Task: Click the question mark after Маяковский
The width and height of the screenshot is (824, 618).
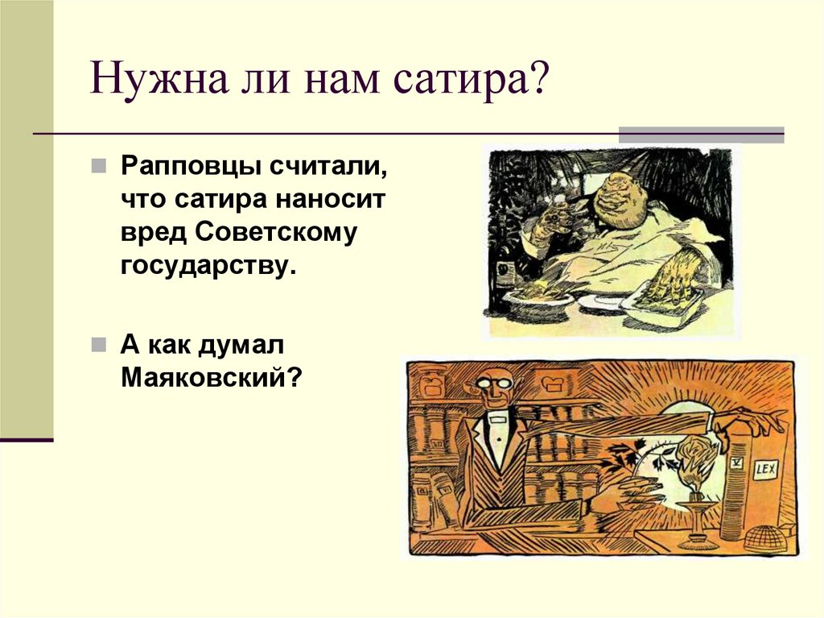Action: (x=295, y=376)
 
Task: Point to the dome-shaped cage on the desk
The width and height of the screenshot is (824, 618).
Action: (x=767, y=537)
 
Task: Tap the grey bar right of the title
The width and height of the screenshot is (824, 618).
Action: (x=700, y=134)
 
